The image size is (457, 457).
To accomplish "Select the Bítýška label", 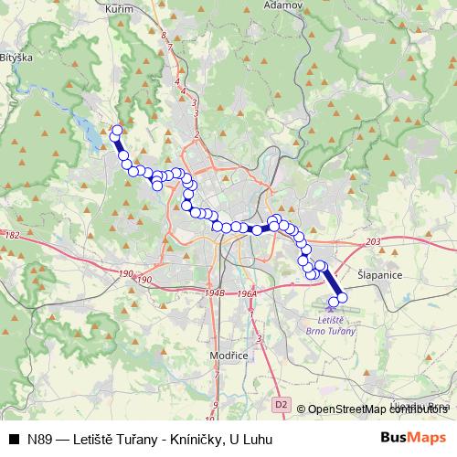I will point(16,57).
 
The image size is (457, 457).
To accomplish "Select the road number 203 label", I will point(371,242).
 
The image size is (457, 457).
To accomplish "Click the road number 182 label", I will point(12,236).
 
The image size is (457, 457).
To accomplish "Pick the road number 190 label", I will point(126,275).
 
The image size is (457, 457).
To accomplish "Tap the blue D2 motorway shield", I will point(280,402).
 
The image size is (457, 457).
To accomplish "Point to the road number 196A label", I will point(245,293).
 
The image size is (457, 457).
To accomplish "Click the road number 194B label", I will point(216,293).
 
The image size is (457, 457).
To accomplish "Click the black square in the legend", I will point(14,439).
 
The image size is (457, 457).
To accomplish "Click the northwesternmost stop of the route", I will point(116,132).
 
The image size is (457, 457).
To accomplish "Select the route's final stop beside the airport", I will point(343,298).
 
